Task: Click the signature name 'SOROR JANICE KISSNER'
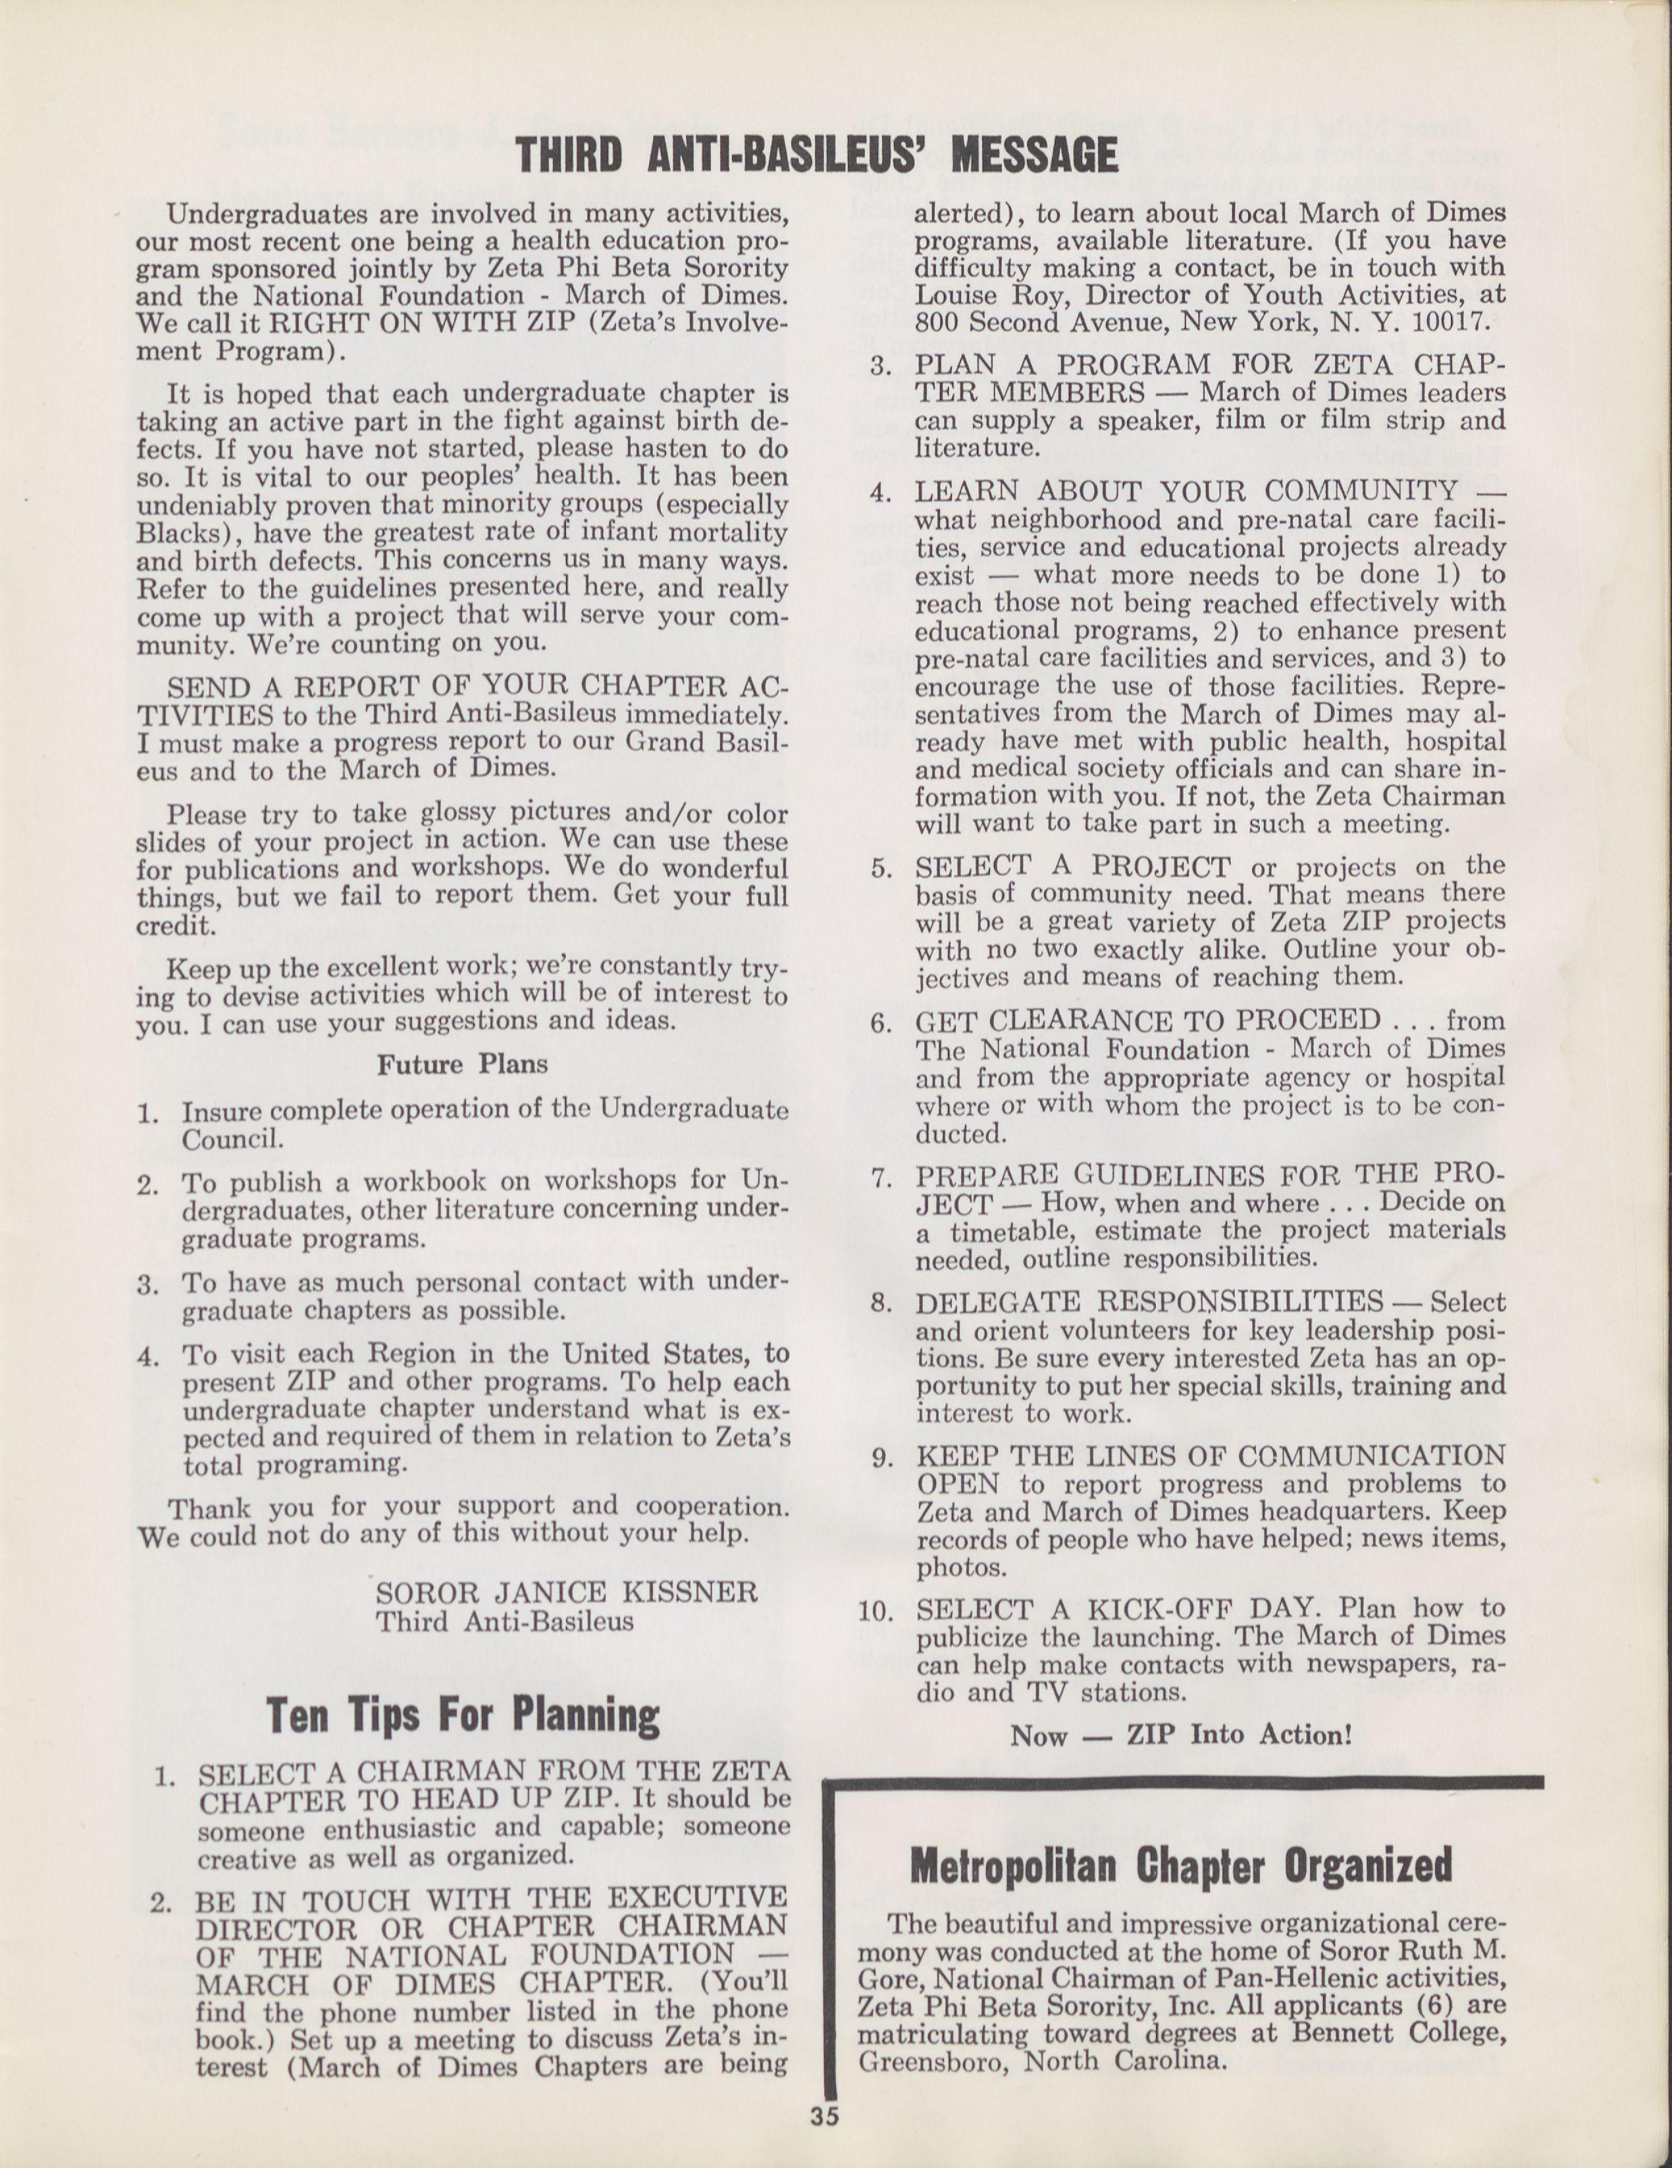click(566, 1593)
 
